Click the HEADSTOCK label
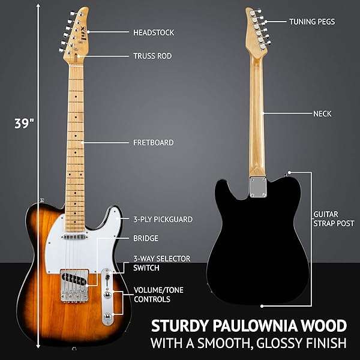point(152,32)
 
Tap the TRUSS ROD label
point(152,56)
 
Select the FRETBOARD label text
point(153,143)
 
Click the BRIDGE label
point(146,238)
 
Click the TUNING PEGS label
point(311,22)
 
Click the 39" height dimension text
point(24,124)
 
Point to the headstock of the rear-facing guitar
point(254,27)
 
